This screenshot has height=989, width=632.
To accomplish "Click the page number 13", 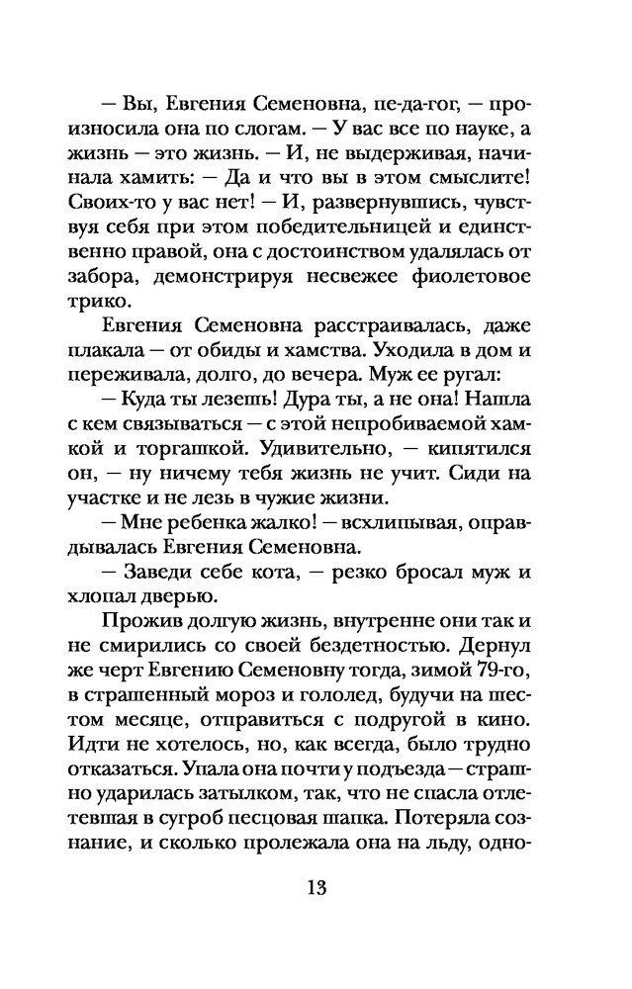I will [316, 884].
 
